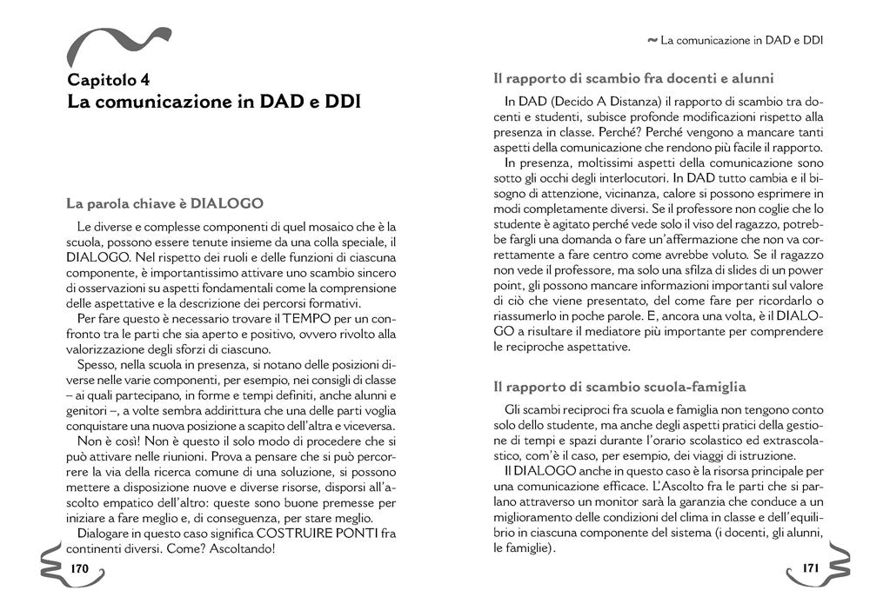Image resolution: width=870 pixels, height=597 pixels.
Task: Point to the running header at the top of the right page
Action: coord(742,40)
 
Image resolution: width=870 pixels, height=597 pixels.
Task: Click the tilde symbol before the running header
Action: coord(652,40)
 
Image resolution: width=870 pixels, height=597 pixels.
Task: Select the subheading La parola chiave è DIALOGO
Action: coord(164,204)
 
